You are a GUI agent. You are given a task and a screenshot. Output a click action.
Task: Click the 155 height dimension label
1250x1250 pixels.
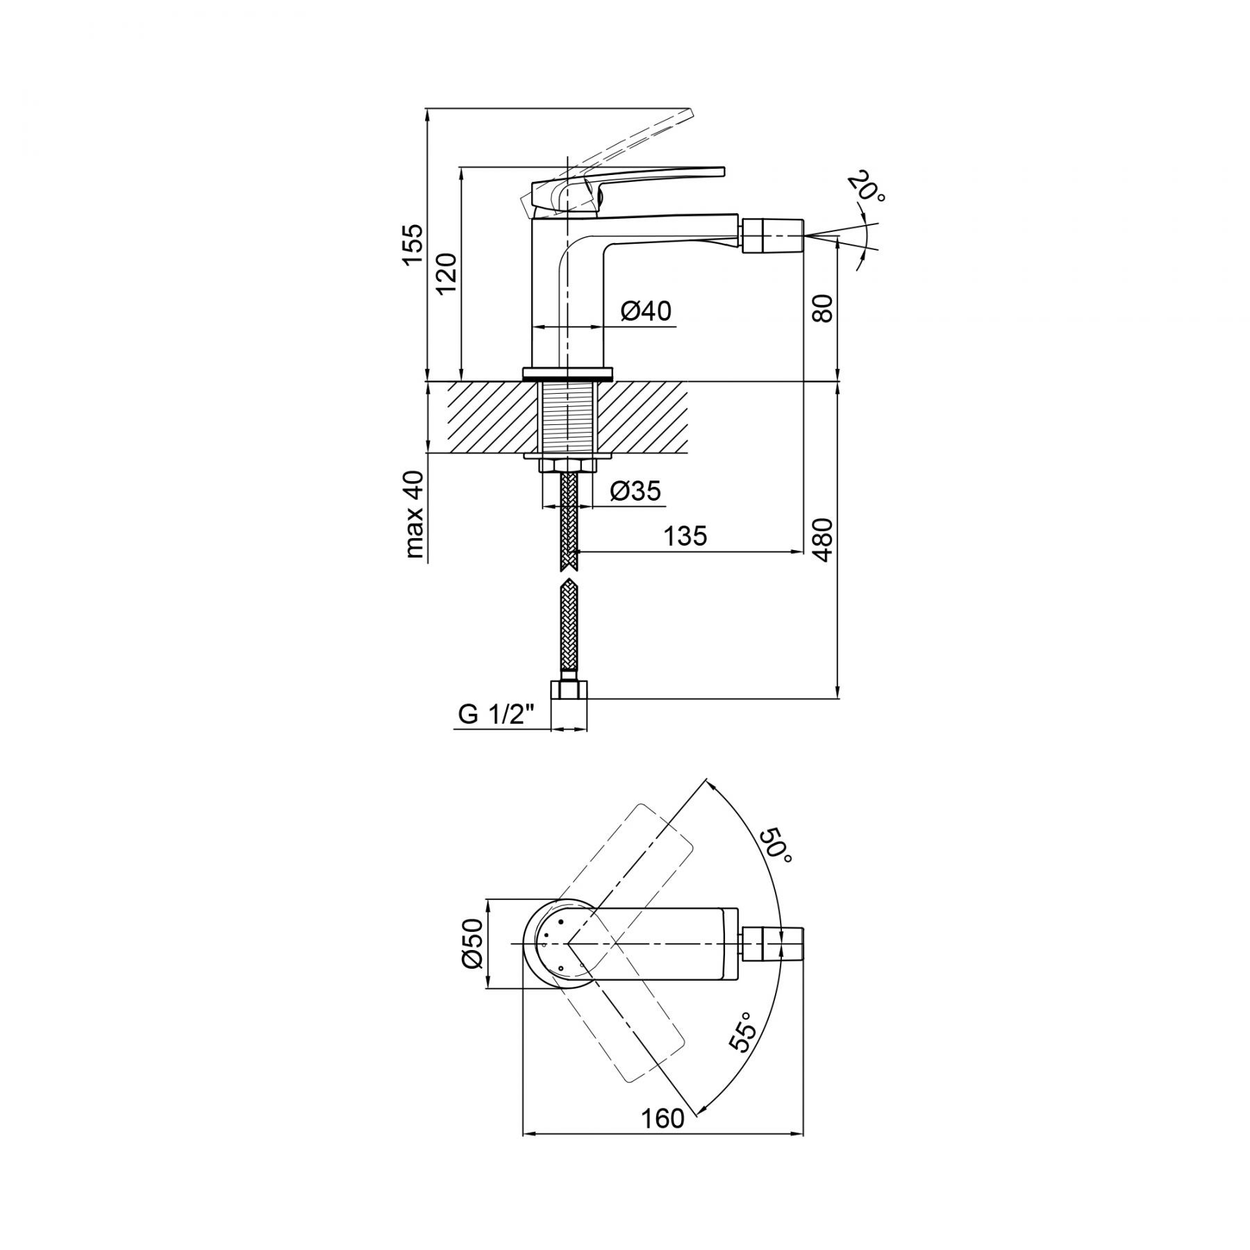[x=412, y=244]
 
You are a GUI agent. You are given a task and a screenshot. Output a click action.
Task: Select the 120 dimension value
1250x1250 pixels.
[x=447, y=273]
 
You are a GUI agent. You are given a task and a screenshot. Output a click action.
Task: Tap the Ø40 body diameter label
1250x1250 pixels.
[x=646, y=311]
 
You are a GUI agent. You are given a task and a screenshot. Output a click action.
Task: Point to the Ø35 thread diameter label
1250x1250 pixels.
[x=635, y=492]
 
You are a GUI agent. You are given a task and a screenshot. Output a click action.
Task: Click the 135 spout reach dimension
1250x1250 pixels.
[x=685, y=535]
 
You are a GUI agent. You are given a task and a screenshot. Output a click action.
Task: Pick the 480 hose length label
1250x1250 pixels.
[x=822, y=540]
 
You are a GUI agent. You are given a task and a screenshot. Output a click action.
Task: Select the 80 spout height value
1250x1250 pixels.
[x=822, y=308]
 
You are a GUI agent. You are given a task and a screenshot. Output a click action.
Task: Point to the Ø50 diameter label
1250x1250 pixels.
[x=472, y=943]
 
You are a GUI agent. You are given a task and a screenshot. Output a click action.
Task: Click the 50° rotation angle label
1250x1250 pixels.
[x=775, y=845]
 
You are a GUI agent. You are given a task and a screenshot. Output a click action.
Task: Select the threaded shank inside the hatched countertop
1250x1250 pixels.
[x=568, y=417]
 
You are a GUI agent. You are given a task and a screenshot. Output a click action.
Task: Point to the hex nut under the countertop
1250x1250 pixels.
[x=568, y=465]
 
